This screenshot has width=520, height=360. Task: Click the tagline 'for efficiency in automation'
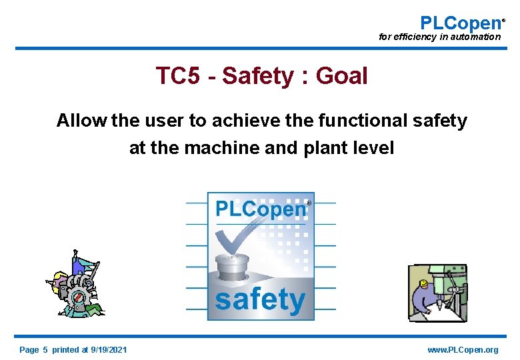(439, 37)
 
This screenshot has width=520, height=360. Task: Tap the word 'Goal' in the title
(341, 76)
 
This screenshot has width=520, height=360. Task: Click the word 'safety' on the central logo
(260, 299)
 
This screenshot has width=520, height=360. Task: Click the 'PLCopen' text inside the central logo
(260, 209)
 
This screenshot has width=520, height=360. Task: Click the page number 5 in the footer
(46, 350)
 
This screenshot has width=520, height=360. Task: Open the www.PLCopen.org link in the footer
(463, 350)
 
